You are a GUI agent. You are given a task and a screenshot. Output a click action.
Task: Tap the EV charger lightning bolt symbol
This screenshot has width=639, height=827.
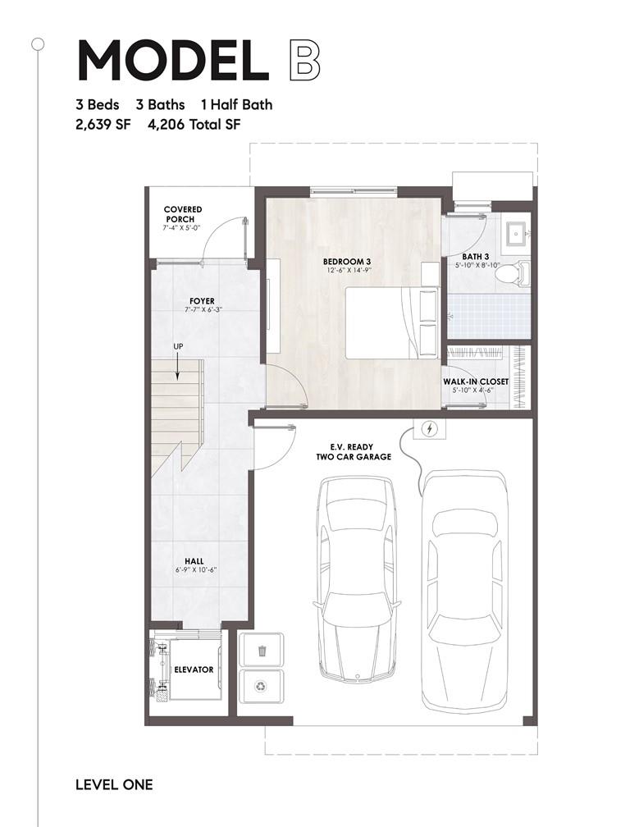[430, 429]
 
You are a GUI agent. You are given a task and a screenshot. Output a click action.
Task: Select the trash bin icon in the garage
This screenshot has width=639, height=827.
[262, 651]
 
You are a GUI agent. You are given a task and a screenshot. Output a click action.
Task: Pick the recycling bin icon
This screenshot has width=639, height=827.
[262, 686]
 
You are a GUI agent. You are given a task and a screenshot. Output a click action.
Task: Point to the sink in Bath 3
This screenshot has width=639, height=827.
[515, 232]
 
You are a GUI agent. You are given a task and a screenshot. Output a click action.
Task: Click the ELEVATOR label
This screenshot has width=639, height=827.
[194, 669]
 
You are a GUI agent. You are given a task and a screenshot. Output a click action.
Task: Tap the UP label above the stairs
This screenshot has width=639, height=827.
[178, 346]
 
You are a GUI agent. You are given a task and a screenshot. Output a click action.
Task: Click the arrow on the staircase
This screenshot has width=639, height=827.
[178, 367]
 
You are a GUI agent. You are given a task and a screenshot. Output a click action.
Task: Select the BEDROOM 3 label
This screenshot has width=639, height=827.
[347, 262]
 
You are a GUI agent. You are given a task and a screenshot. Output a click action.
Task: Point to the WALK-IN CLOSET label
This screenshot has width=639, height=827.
[476, 382]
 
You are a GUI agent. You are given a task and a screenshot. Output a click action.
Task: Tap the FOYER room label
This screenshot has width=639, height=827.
[202, 301]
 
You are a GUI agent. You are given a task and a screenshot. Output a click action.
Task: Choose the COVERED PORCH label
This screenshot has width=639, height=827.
[182, 214]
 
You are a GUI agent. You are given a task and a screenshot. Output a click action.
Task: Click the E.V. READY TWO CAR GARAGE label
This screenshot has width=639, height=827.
[354, 452]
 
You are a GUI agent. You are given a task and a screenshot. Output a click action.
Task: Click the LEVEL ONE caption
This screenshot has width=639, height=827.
[114, 785]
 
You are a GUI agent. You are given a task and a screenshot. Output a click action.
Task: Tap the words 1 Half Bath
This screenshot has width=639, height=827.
[237, 104]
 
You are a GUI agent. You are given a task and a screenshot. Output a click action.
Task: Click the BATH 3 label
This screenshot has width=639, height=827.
[476, 257]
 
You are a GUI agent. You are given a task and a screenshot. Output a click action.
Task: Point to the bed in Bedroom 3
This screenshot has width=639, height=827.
[392, 322]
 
